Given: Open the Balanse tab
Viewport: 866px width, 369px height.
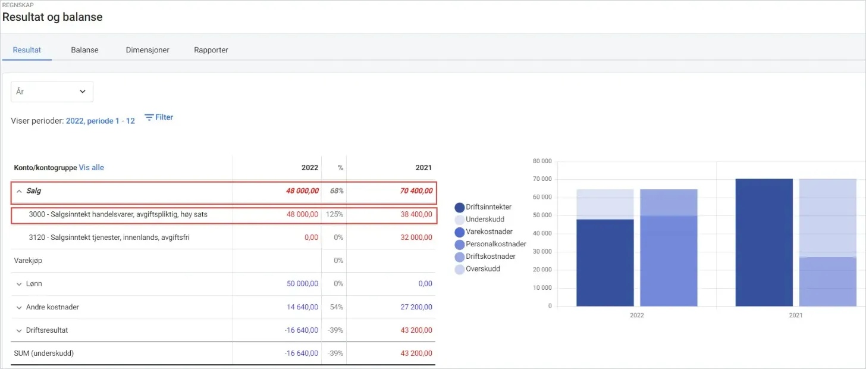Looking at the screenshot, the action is pos(84,50).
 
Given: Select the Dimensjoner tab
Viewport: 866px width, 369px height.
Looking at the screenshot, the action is pos(148,50).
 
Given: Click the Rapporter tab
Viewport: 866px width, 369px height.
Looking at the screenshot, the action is pos(211,50).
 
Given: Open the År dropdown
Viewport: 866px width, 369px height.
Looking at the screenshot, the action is pos(52,92).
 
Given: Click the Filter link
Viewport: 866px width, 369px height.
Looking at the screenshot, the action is pos(159,117).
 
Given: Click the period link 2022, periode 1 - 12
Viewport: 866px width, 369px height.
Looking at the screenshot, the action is pos(100,121).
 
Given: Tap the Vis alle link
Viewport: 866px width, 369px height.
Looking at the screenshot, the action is pos(91,167).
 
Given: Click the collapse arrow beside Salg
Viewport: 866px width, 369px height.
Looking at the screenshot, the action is pos(19,191).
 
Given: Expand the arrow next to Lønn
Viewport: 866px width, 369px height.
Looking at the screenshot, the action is pos(19,284).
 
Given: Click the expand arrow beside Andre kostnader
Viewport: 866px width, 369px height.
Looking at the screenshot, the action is pos(19,308).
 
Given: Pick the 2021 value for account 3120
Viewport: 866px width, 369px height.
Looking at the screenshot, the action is pos(416,237).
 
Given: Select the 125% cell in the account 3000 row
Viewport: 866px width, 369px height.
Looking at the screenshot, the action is pos(334,214).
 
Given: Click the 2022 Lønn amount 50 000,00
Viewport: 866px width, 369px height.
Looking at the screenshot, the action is pos(302,283).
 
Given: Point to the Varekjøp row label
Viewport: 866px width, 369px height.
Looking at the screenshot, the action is pos(28,260).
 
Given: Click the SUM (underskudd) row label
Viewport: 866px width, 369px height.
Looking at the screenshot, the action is pos(43,353).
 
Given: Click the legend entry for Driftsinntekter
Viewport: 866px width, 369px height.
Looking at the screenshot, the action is pos(483,207).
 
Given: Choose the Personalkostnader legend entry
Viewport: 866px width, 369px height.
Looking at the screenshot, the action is pos(490,244).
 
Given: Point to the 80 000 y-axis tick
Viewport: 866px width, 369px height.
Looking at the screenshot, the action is pos(542,161).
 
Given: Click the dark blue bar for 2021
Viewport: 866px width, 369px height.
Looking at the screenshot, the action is pos(764,242).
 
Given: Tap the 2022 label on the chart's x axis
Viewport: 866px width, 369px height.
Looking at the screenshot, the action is pos(637,315).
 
